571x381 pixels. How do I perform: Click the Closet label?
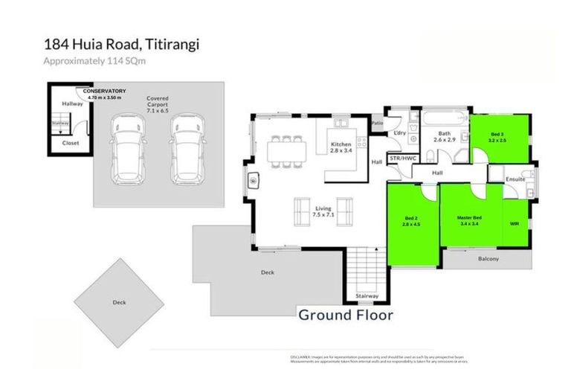coord(71,142)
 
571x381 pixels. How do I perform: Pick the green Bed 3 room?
coord(500,138)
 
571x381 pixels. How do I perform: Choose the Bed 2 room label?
coord(411,221)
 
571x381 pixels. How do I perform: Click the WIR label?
coord(514,222)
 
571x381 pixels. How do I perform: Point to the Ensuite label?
coord(515,179)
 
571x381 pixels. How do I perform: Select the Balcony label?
coord(488,259)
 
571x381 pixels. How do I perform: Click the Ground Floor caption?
coord(346,314)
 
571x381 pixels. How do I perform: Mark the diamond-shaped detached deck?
coord(119,301)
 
